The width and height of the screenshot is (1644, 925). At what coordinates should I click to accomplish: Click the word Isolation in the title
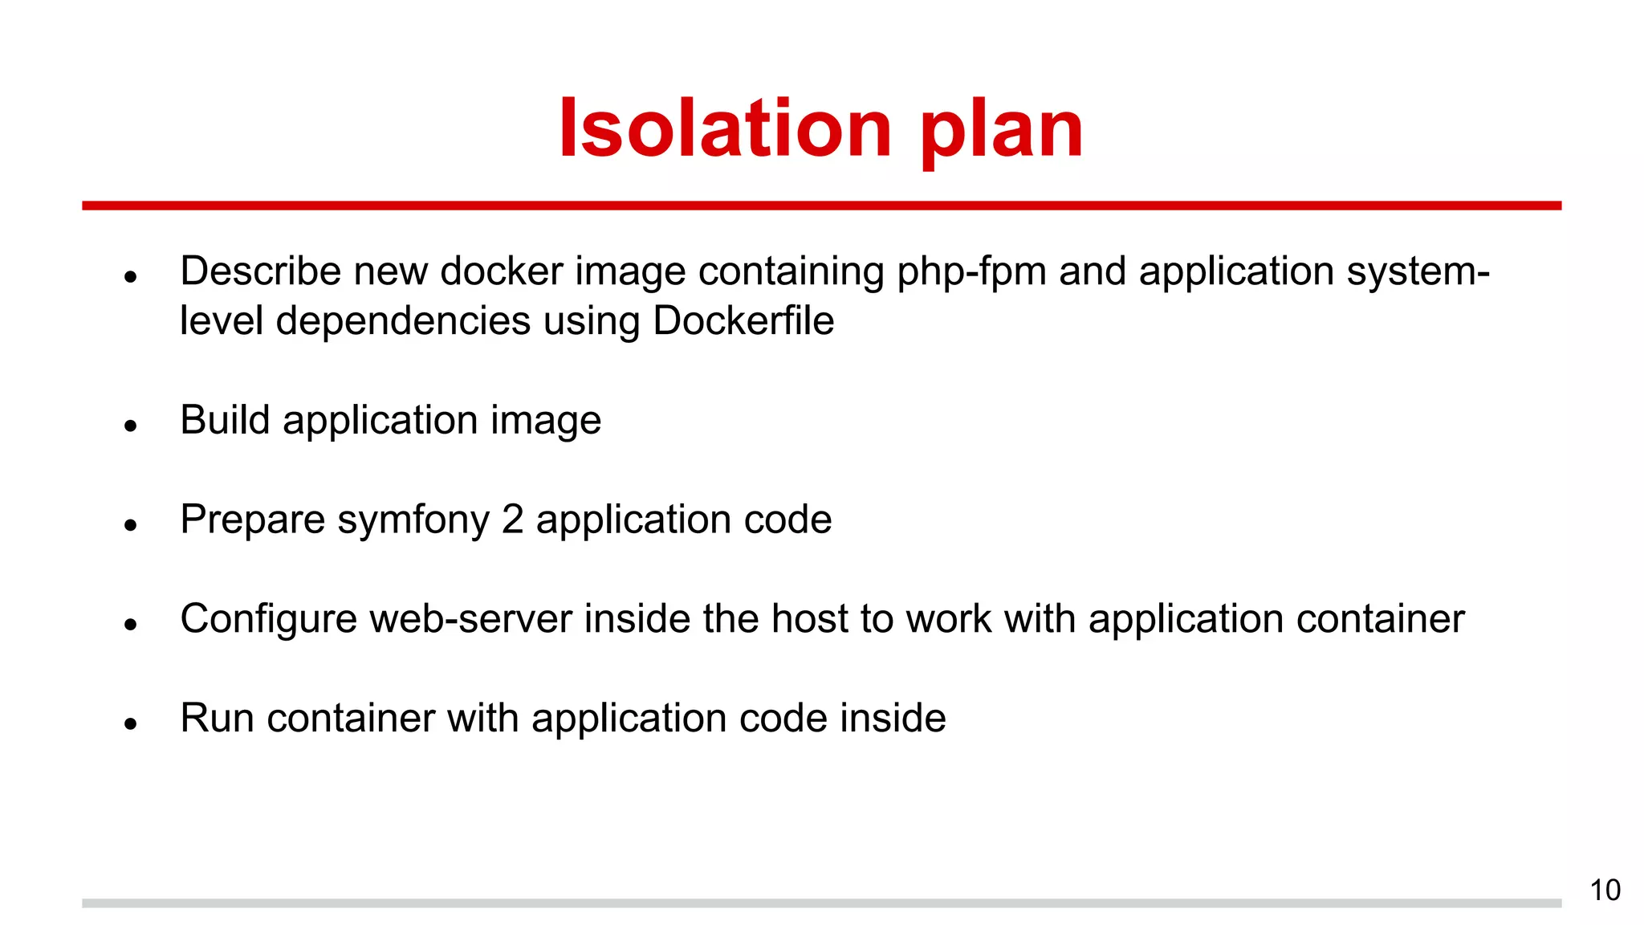coord(725,128)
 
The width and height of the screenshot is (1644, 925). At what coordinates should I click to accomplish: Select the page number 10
coord(1605,890)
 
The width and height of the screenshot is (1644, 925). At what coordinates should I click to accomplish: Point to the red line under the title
coord(821,206)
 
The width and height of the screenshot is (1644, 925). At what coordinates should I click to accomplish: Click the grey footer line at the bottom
coord(821,903)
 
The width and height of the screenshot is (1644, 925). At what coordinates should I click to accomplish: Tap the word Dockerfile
coord(743,321)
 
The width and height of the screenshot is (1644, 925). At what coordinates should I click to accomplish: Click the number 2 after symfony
coord(513,520)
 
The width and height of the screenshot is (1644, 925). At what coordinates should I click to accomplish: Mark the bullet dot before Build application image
coord(131,426)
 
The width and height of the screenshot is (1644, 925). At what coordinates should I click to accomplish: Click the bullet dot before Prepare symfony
coord(131,525)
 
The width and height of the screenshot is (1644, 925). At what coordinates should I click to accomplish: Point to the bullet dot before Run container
coord(131,723)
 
